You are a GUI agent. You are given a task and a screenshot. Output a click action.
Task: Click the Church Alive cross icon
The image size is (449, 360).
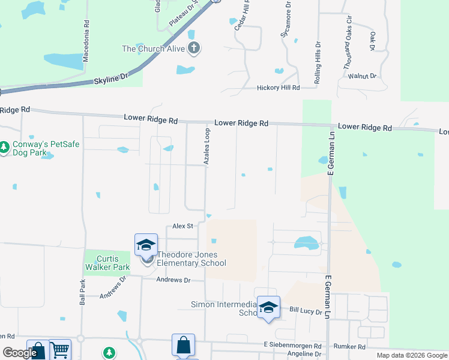pos(193,48)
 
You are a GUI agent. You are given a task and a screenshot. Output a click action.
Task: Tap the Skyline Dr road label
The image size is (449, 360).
pos(111,77)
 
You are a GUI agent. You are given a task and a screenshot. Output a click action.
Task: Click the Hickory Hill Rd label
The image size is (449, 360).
pos(278,88)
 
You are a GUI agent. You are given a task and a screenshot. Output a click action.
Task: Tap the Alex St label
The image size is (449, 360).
pos(182,226)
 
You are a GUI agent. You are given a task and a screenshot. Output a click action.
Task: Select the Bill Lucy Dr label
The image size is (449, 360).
pos(306,310)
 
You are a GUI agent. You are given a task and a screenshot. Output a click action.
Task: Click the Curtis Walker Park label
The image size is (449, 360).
pos(107,262)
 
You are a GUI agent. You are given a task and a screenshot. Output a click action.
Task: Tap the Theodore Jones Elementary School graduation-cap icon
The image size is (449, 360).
pos(146,245)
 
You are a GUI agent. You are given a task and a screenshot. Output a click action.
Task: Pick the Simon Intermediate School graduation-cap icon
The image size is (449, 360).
pos(268,307)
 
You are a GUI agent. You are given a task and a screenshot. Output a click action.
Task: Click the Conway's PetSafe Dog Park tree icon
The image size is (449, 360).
pos(5,146)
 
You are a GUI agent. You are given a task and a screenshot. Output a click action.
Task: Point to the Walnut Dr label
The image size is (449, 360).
pos(366,76)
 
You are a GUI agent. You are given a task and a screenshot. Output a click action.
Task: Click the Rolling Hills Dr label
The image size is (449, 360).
pos(318,62)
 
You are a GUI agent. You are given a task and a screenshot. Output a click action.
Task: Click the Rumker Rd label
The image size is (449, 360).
pos(350,347)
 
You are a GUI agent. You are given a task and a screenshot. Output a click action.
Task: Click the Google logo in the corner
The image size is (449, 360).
pos(20,353)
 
